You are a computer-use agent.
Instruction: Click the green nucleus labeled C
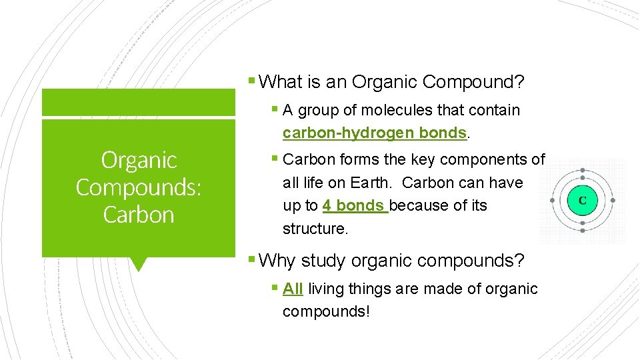coord(582,200)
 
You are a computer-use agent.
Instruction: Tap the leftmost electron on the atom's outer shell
coord(552,200)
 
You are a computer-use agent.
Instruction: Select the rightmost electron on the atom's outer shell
coord(613,200)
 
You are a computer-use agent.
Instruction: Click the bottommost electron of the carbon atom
coord(582,230)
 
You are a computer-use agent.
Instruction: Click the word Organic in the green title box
coord(139,160)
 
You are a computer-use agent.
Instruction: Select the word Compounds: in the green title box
coord(139,187)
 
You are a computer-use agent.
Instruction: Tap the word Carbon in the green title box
coord(139,215)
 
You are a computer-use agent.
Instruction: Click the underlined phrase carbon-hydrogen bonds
coord(374,133)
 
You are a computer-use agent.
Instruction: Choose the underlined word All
coord(293,289)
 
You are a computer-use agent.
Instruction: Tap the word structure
coord(314,229)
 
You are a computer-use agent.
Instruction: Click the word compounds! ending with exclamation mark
coord(325,311)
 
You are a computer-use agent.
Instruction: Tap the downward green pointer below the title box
coord(139,264)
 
